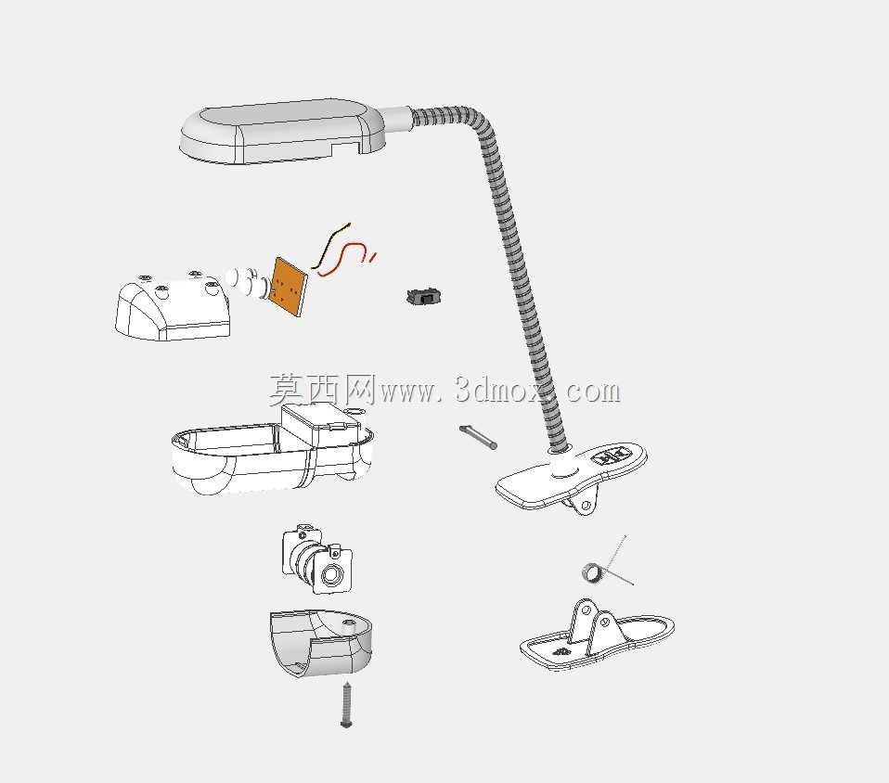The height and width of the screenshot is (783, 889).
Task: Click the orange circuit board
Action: point(289,287)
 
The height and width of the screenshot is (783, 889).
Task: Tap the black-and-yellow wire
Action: point(330,244)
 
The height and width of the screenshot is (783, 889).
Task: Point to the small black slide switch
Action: point(423,296)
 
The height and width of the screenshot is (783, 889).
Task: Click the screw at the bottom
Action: point(347,705)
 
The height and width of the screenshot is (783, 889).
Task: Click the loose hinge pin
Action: point(478,437)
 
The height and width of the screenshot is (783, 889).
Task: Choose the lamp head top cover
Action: point(283,132)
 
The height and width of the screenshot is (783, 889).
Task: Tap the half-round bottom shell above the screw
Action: point(320,643)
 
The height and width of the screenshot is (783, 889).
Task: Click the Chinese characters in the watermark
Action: point(322,389)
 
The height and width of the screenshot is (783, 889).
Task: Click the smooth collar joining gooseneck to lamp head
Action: point(397,119)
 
